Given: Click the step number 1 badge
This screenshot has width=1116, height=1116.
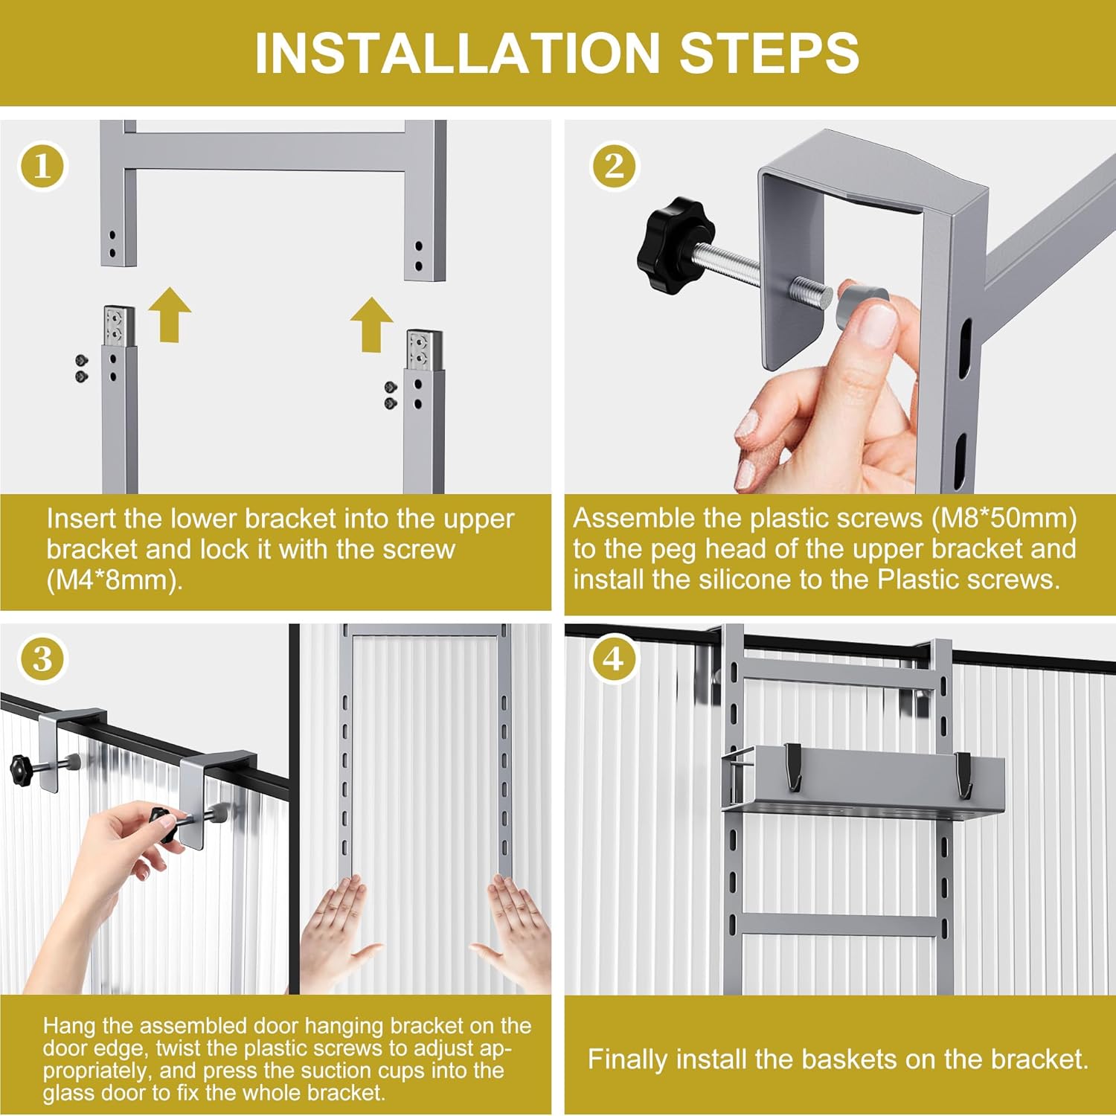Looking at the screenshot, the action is (42, 165).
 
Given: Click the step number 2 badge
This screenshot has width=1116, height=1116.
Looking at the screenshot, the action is (615, 165).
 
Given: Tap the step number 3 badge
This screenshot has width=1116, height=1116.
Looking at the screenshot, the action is (42, 659).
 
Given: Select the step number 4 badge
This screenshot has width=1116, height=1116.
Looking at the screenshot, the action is (613, 658).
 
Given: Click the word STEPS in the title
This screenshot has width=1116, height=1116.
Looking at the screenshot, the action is (769, 53).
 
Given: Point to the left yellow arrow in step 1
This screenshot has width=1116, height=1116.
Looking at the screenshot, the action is (170, 314).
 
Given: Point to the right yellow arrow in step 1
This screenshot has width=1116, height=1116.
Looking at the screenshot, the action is (372, 324).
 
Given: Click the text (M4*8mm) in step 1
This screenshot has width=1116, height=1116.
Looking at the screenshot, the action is (115, 580).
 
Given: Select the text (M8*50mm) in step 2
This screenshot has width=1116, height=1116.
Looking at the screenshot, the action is (1004, 518).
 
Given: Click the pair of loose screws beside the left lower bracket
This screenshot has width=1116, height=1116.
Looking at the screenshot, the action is (82, 368).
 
